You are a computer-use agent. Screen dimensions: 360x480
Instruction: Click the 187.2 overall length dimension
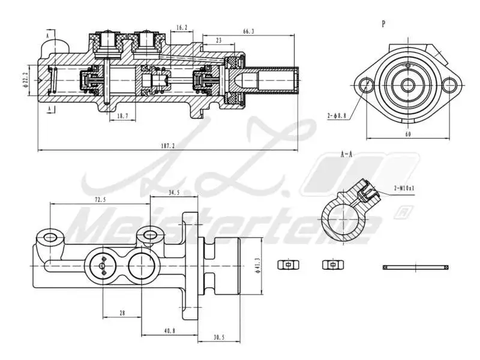(168, 146)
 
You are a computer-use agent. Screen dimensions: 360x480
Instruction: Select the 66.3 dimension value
(248, 31)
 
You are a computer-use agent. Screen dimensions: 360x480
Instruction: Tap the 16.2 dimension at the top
(182, 27)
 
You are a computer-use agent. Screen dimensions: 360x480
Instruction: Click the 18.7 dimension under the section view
(122, 116)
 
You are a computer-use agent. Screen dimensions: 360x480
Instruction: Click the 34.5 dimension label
(174, 193)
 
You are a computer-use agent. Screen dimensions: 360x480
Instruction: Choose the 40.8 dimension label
(170, 331)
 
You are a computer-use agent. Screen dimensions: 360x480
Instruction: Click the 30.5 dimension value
(219, 338)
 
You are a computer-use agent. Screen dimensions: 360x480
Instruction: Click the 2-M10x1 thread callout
(404, 188)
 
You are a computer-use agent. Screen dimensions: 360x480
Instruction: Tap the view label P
(383, 23)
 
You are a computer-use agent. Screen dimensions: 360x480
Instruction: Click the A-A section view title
(346, 154)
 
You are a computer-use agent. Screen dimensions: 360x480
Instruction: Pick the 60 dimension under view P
(408, 135)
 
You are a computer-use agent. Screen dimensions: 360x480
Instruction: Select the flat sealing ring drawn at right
(415, 266)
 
